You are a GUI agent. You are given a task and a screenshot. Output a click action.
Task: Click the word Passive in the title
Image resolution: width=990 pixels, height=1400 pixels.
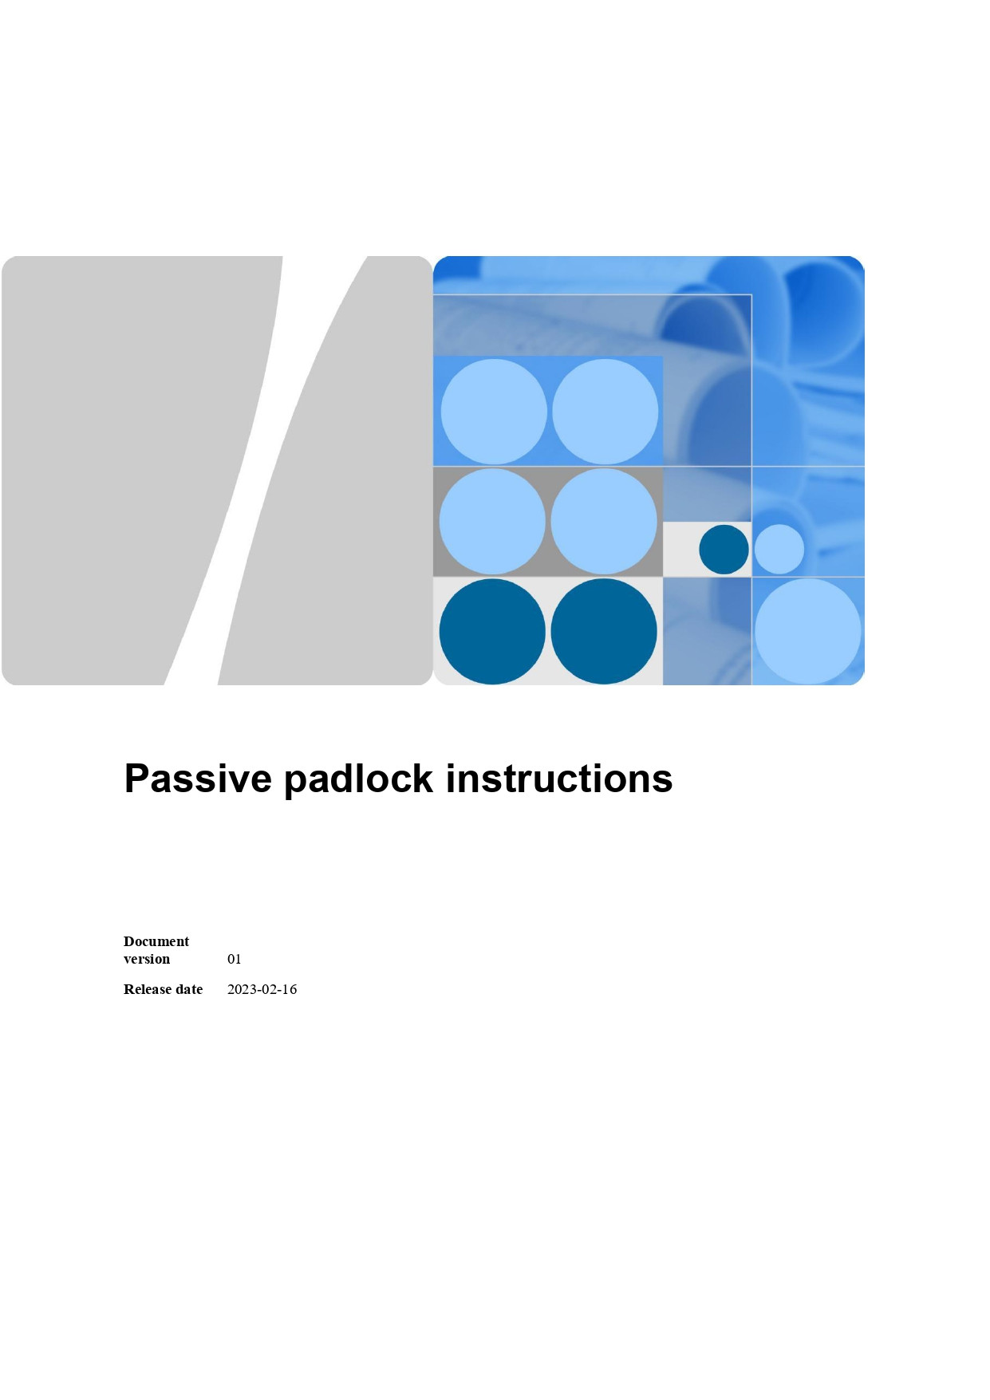(x=198, y=779)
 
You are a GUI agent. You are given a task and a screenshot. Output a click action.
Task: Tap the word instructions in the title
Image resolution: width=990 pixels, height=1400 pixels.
(x=558, y=779)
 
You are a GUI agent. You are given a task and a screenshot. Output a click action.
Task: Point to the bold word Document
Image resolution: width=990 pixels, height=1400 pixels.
(x=156, y=941)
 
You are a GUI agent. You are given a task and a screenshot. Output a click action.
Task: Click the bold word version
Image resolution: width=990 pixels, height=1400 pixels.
(x=147, y=959)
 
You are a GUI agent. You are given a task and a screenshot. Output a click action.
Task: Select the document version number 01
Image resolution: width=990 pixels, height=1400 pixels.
(x=234, y=959)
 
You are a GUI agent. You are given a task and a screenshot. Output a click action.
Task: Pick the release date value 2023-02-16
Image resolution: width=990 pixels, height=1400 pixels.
(x=262, y=989)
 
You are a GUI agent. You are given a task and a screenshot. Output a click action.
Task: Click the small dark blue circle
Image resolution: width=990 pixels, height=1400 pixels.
(x=724, y=549)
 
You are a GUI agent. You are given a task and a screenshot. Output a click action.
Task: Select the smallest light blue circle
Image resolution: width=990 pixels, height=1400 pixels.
(x=779, y=549)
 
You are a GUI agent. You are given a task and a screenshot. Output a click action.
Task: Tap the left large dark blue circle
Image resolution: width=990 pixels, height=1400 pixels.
(x=492, y=631)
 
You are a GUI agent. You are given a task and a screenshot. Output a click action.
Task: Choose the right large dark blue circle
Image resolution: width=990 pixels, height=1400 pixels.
(x=604, y=631)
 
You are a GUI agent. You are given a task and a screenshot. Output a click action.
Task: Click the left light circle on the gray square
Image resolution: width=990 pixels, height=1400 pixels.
(x=492, y=521)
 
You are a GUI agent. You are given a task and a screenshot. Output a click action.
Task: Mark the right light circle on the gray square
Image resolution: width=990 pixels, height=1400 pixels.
(x=604, y=521)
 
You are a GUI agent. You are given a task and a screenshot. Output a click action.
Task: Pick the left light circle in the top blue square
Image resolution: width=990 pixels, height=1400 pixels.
(x=494, y=412)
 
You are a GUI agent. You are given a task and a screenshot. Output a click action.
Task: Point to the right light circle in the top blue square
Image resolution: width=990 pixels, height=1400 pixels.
(x=605, y=412)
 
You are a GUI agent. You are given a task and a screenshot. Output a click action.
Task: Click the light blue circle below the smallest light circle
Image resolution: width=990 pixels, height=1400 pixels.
(x=808, y=631)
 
